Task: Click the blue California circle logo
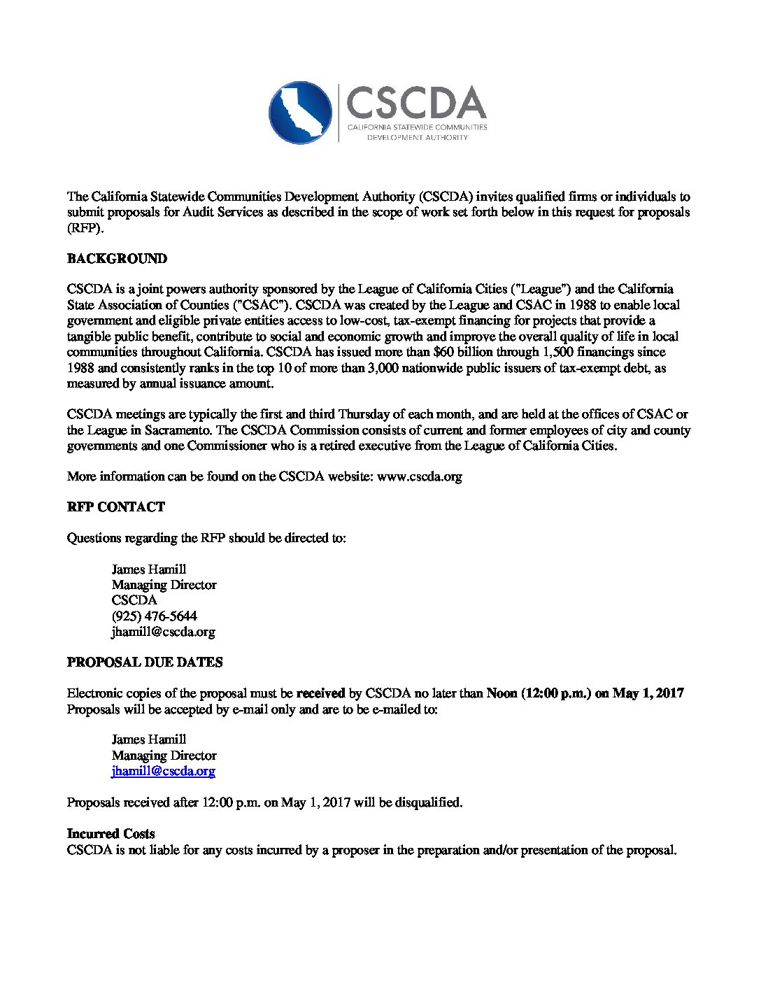[300, 113]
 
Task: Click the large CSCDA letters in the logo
[416, 104]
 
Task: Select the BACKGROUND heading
[117, 259]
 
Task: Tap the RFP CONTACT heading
[116, 507]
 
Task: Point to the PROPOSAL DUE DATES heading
[145, 662]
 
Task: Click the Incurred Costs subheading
[111, 834]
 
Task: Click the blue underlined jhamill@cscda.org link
[163, 771]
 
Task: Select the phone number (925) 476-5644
[154, 616]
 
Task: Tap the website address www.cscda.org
[420, 476]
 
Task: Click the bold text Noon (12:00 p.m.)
[539, 693]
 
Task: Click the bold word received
[320, 693]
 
